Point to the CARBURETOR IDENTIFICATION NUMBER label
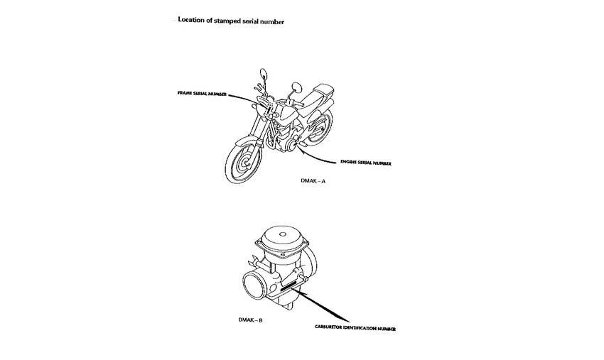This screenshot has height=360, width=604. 355,328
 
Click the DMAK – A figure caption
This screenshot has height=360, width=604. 313,182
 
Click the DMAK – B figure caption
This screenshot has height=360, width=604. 251,320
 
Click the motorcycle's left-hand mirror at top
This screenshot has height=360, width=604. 264,72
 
